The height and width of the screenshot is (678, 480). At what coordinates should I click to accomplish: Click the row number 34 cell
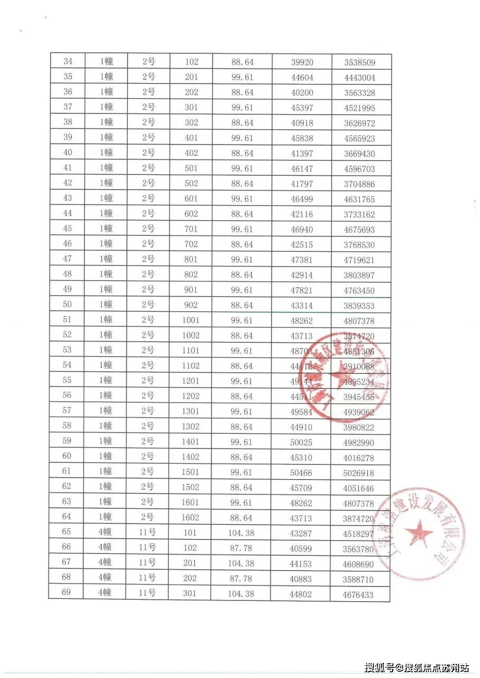(68, 61)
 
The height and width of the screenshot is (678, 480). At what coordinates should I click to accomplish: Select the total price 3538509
(360, 63)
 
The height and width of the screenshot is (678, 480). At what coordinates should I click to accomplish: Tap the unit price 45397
(302, 108)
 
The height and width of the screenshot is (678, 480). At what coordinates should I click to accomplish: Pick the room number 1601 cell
(190, 502)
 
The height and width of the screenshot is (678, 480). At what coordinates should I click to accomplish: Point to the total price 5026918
(359, 473)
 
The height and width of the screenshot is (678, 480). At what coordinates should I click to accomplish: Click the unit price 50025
(301, 443)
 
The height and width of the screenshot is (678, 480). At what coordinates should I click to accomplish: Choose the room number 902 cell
(191, 305)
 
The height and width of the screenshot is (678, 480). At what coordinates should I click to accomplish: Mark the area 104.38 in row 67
(241, 563)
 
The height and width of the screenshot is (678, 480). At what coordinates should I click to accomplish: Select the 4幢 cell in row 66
(105, 547)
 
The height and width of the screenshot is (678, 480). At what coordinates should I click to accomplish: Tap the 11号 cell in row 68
(147, 578)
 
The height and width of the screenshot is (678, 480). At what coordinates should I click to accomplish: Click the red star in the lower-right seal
(420, 532)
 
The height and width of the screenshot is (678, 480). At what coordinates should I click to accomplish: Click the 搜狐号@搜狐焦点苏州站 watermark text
(416, 667)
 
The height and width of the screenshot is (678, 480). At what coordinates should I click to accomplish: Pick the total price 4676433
(358, 595)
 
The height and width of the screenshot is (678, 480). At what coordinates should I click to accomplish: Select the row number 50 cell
(68, 304)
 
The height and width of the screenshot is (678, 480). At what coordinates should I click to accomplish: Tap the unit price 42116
(302, 214)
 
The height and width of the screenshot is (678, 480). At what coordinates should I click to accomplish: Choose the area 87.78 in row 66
(241, 548)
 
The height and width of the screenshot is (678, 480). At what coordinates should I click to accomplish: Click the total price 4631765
(359, 199)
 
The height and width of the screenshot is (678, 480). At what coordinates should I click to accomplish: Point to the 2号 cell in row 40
(148, 152)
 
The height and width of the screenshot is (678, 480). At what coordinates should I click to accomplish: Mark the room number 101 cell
(190, 532)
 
